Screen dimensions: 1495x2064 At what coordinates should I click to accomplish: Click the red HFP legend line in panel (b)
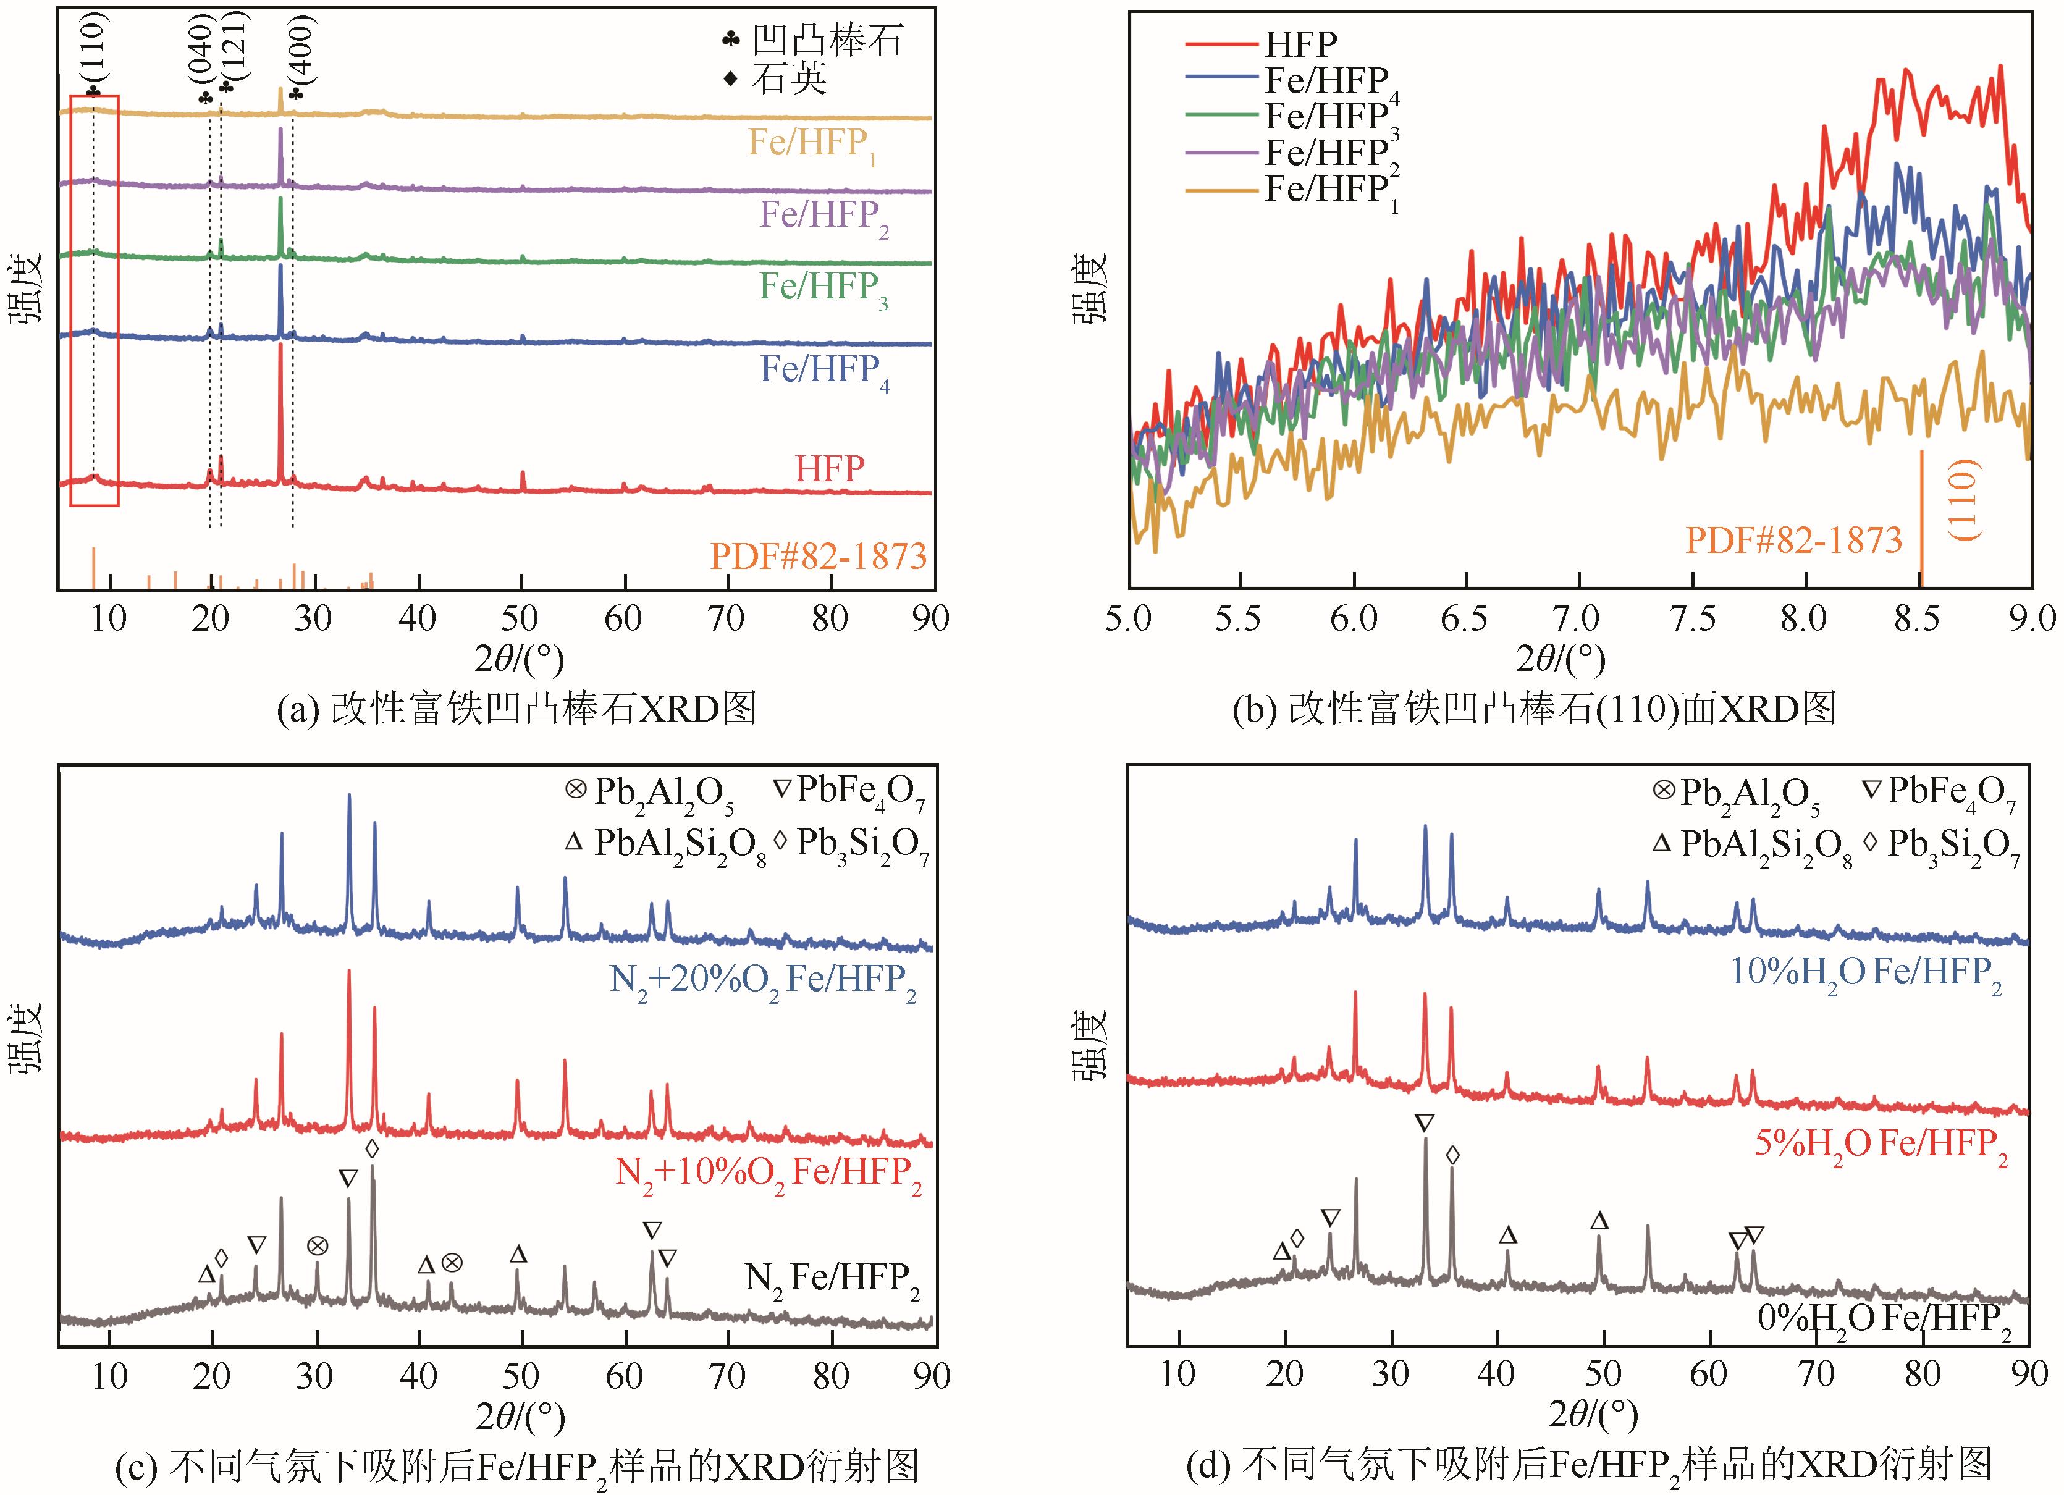[x=1221, y=43]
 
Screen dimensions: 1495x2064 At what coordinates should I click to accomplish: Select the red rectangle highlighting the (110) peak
[x=95, y=300]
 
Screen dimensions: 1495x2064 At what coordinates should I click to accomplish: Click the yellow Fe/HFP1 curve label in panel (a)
[x=812, y=146]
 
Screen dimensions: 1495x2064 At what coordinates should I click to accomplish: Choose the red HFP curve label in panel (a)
[x=829, y=469]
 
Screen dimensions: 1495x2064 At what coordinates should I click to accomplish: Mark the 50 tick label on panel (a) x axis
[x=521, y=619]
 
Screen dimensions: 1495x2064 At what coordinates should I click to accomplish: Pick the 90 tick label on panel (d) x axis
[x=2028, y=1374]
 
